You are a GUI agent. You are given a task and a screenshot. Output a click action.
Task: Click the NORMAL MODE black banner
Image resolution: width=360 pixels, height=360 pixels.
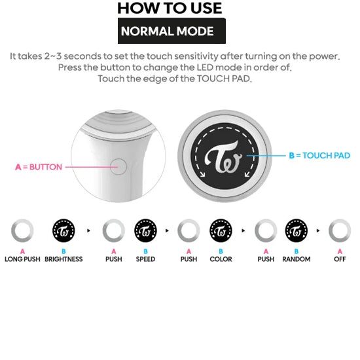point(171,31)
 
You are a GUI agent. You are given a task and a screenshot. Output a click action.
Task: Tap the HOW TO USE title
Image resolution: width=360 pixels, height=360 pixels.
point(170,8)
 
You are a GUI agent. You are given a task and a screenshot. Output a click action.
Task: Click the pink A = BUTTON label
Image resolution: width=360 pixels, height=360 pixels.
point(39,167)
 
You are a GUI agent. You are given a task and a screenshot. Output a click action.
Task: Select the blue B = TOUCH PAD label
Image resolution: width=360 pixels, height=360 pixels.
point(319,155)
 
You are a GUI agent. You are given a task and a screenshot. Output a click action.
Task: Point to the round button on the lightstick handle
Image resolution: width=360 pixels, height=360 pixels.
point(118,166)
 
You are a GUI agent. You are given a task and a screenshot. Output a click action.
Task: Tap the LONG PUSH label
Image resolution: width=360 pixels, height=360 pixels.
point(22,259)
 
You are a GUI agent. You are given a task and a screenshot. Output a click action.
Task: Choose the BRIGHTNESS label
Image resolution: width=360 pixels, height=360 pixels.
point(63,259)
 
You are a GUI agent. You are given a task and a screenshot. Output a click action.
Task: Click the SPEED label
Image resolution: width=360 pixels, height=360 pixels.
point(145,259)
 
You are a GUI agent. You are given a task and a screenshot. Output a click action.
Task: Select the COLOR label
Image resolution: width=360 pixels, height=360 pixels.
point(221,259)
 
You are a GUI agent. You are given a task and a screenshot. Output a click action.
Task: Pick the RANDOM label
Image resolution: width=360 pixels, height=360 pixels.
point(297,259)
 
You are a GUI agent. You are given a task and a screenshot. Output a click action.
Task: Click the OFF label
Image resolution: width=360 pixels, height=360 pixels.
point(340,259)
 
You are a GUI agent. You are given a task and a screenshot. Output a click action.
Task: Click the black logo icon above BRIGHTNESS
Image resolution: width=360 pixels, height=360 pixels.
point(63,230)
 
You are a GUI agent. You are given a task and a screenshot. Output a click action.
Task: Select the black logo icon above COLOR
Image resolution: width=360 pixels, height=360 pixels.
point(221,230)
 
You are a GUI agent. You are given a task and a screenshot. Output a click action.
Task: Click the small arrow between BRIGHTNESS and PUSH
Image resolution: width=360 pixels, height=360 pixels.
point(88,230)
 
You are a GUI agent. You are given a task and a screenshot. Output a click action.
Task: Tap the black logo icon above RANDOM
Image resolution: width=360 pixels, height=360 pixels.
point(297,230)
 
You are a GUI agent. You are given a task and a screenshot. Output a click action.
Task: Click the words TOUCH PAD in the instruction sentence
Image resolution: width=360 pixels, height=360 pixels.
point(223,79)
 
